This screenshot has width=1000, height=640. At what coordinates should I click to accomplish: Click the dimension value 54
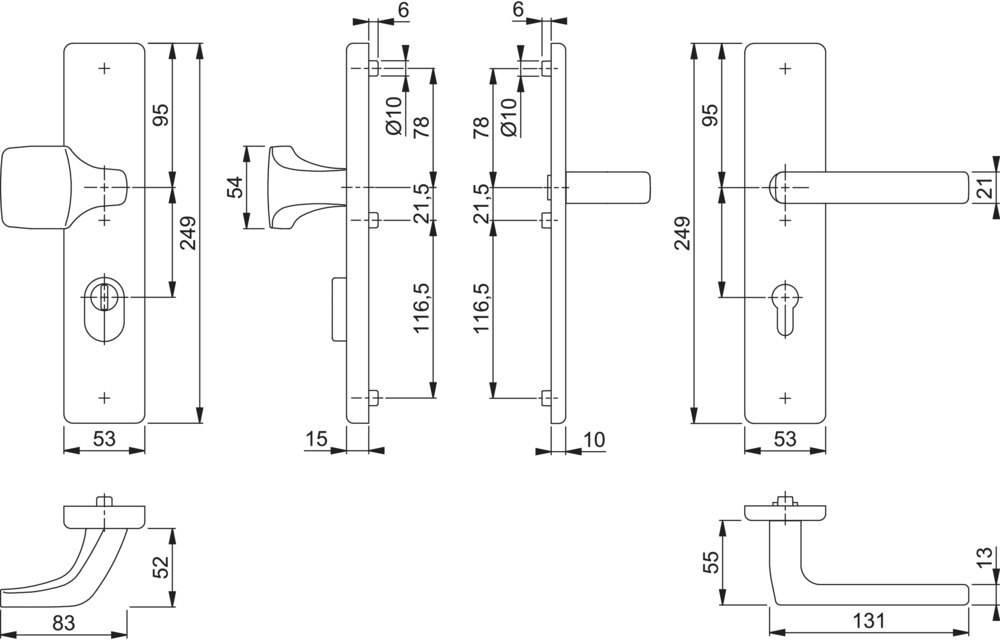(236, 187)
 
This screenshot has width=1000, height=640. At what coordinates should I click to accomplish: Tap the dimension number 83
(63, 623)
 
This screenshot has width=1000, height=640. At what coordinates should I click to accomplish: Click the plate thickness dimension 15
(318, 437)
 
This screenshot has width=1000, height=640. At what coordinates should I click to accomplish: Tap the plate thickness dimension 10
(594, 437)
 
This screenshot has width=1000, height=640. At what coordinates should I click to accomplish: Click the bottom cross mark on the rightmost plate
(785, 397)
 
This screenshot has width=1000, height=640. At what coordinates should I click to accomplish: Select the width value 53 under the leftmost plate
(105, 437)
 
